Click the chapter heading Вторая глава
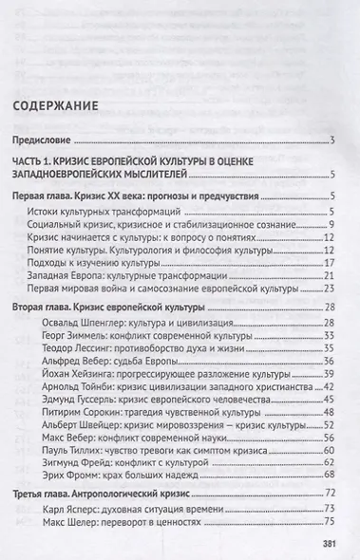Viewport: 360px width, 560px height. tap(46, 310)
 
